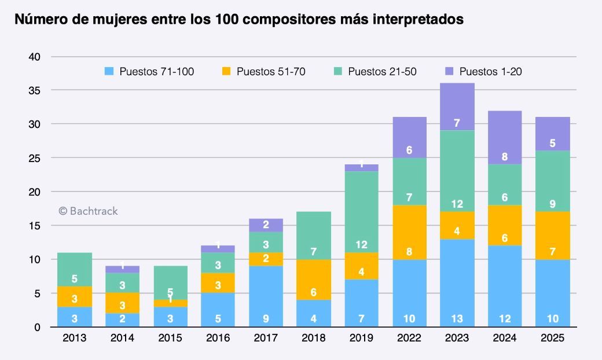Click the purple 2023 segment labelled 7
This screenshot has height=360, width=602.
point(457,106)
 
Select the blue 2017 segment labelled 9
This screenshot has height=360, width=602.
point(266,296)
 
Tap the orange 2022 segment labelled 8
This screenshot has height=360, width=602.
point(409,232)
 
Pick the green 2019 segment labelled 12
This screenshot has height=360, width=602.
point(361,212)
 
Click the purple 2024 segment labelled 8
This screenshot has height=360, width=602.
point(505,137)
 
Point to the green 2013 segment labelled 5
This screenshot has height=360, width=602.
point(75,270)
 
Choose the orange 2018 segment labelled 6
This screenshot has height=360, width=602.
point(314,280)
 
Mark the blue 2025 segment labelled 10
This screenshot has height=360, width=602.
point(552,293)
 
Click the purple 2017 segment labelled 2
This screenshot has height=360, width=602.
point(266,225)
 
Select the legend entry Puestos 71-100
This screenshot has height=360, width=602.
point(149,71)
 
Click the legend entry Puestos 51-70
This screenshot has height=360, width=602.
point(264,71)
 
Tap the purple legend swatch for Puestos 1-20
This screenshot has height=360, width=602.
point(449,71)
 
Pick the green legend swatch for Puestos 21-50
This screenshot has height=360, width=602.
point(338,71)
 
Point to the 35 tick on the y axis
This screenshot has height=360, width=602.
point(35,90)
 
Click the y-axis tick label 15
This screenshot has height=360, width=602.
point(35,226)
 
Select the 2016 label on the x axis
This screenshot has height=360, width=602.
point(218,338)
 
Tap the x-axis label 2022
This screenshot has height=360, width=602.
point(409,338)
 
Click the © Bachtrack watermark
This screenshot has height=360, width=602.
point(89,211)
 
